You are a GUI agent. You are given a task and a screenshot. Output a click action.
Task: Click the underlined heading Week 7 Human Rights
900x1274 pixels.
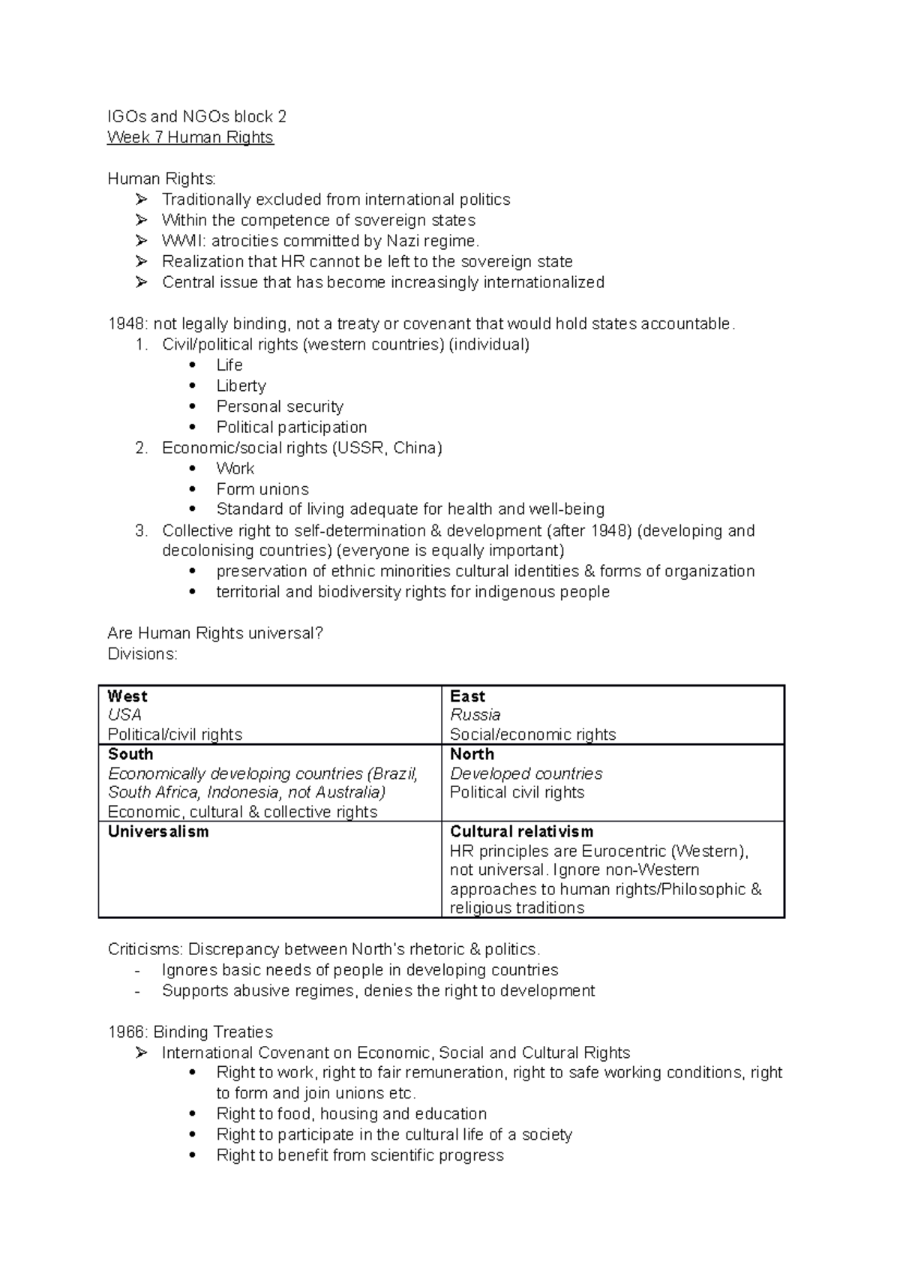(190, 137)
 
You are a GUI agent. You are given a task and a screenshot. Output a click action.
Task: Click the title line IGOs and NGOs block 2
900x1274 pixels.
(196, 116)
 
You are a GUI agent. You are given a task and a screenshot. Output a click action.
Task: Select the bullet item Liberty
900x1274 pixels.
(241, 386)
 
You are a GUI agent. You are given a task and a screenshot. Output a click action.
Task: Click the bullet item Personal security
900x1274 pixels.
(280, 407)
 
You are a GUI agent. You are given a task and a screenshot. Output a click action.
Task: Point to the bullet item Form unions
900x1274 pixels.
(262, 489)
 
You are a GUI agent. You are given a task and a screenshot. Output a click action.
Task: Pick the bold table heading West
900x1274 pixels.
(127, 696)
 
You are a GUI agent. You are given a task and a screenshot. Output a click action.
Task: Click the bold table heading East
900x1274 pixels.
(467, 696)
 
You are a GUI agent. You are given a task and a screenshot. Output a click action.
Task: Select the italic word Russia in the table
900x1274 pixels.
(475, 715)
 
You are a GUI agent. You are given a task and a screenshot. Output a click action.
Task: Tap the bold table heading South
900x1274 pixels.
(130, 754)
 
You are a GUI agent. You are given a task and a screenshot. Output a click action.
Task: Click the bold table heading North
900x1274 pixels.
(472, 754)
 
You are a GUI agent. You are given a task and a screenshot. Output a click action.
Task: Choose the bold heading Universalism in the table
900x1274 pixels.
(158, 831)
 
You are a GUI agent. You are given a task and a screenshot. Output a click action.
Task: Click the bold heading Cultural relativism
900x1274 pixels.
(521, 831)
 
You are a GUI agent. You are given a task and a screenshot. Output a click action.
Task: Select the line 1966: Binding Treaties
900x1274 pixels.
(190, 1032)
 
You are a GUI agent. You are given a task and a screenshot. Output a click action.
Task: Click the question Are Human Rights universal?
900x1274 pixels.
(215, 633)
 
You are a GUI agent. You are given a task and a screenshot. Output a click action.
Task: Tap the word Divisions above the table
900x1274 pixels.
(141, 654)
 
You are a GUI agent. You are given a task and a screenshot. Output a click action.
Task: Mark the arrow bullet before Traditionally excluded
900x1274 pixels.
(142, 200)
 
